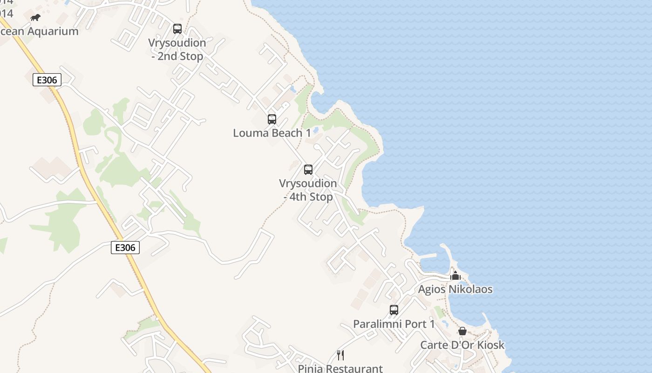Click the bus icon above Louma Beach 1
tap(272, 119)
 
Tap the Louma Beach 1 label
tap(272, 133)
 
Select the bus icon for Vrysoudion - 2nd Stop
tap(177, 29)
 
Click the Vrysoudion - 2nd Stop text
tap(177, 49)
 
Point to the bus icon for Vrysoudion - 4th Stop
tap(308, 170)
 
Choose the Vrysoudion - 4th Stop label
tap(308, 190)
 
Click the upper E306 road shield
tap(47, 80)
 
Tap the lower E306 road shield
tap(125, 247)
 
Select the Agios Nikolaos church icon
tap(455, 276)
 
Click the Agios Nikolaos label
tap(455, 289)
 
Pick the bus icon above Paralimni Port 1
tap(394, 310)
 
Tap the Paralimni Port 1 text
tap(394, 324)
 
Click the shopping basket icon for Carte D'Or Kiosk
tap(462, 331)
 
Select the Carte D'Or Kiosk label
tap(462, 345)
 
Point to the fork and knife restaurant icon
tap(340, 355)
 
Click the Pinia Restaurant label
tap(340, 368)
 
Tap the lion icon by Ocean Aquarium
tap(35, 18)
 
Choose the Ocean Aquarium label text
tap(39, 31)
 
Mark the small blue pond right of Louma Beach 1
tap(316, 130)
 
